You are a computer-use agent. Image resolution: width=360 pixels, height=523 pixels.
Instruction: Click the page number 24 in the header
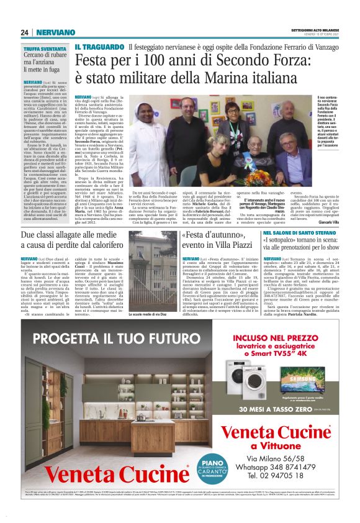(x=25, y=32)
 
